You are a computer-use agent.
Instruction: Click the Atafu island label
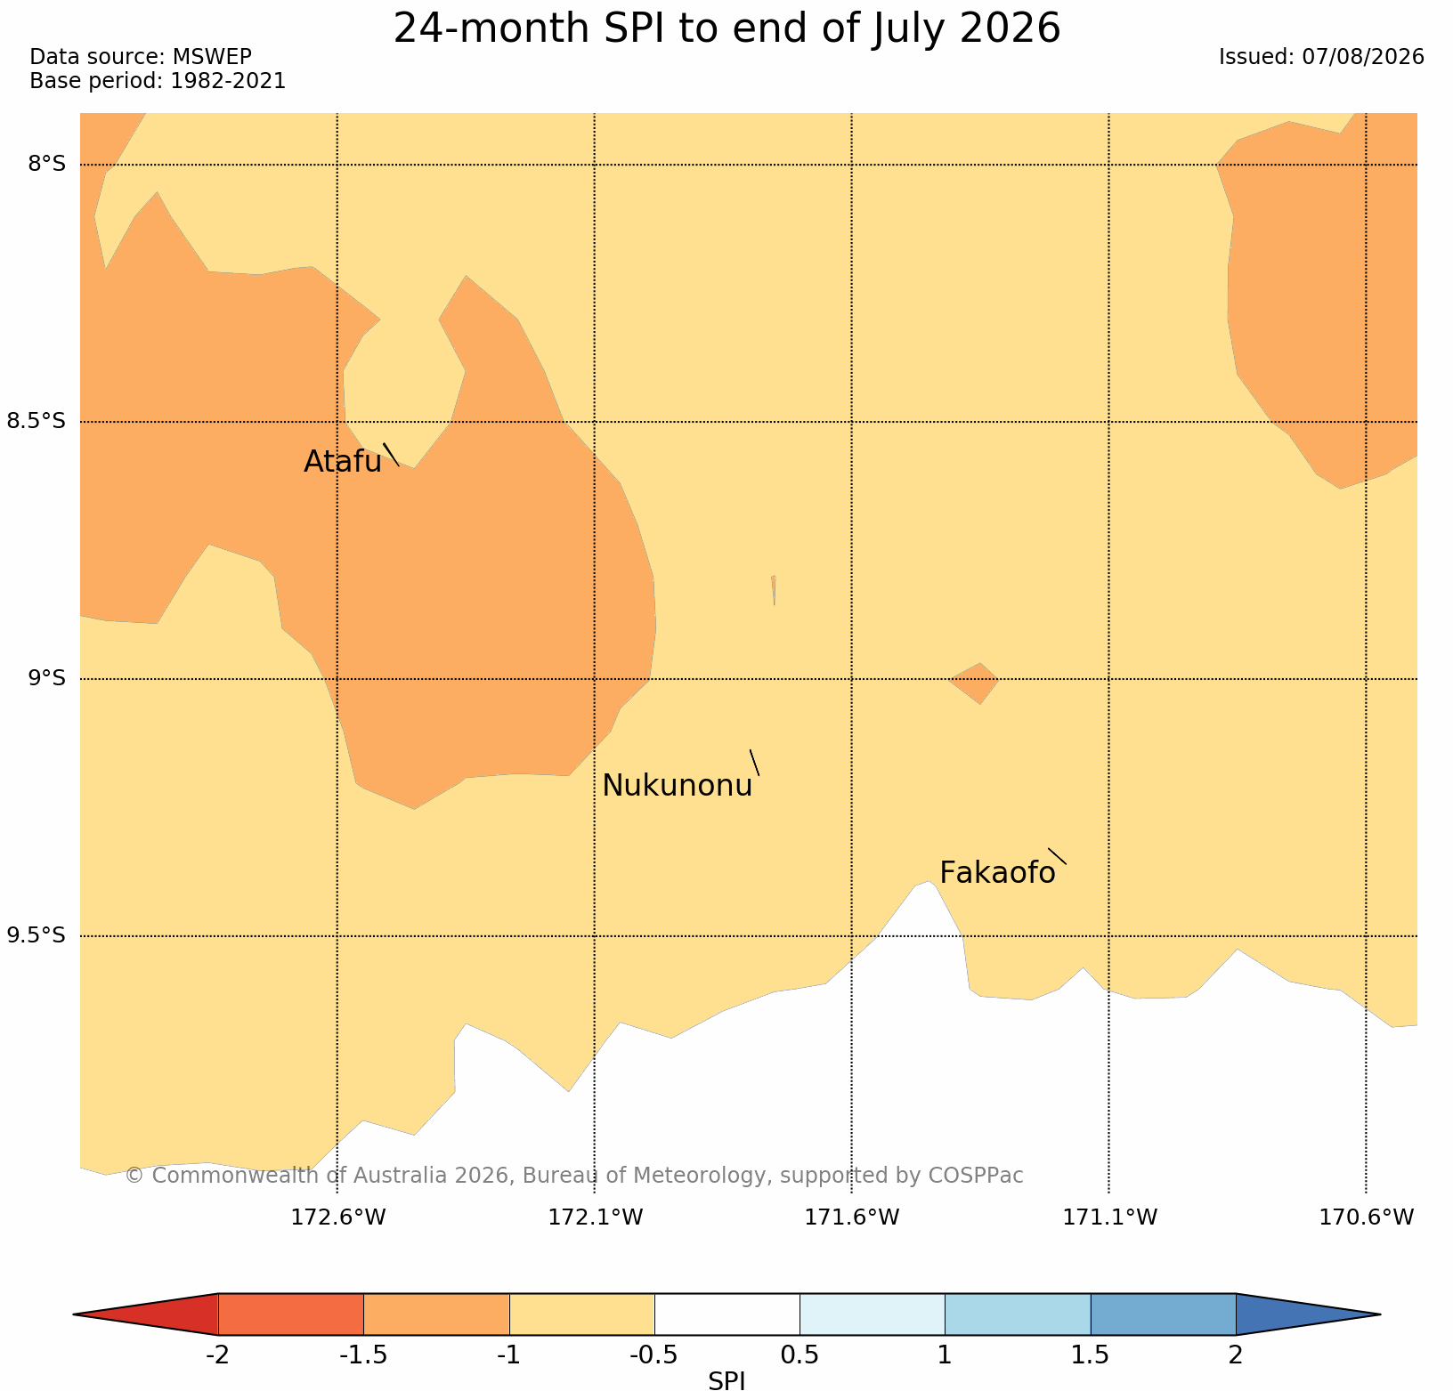[343, 462]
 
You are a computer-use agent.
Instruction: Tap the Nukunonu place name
[678, 786]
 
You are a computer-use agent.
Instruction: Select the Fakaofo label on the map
[997, 873]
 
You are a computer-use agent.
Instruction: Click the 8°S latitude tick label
[46, 165]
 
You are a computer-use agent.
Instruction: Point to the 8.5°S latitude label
[37, 421]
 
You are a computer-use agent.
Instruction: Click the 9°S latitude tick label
[46, 678]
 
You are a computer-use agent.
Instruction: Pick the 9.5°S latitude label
[37, 935]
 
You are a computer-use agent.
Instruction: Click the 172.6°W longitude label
[338, 1217]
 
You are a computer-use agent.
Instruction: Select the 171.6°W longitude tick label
[852, 1217]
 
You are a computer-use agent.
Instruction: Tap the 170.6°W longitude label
[1366, 1217]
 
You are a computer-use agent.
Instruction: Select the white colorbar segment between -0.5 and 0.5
[727, 1314]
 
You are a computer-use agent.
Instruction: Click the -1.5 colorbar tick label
[363, 1355]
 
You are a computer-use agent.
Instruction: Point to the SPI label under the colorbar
[726, 1380]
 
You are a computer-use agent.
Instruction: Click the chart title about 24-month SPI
[726, 28]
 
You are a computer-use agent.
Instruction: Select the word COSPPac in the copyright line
[976, 1176]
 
